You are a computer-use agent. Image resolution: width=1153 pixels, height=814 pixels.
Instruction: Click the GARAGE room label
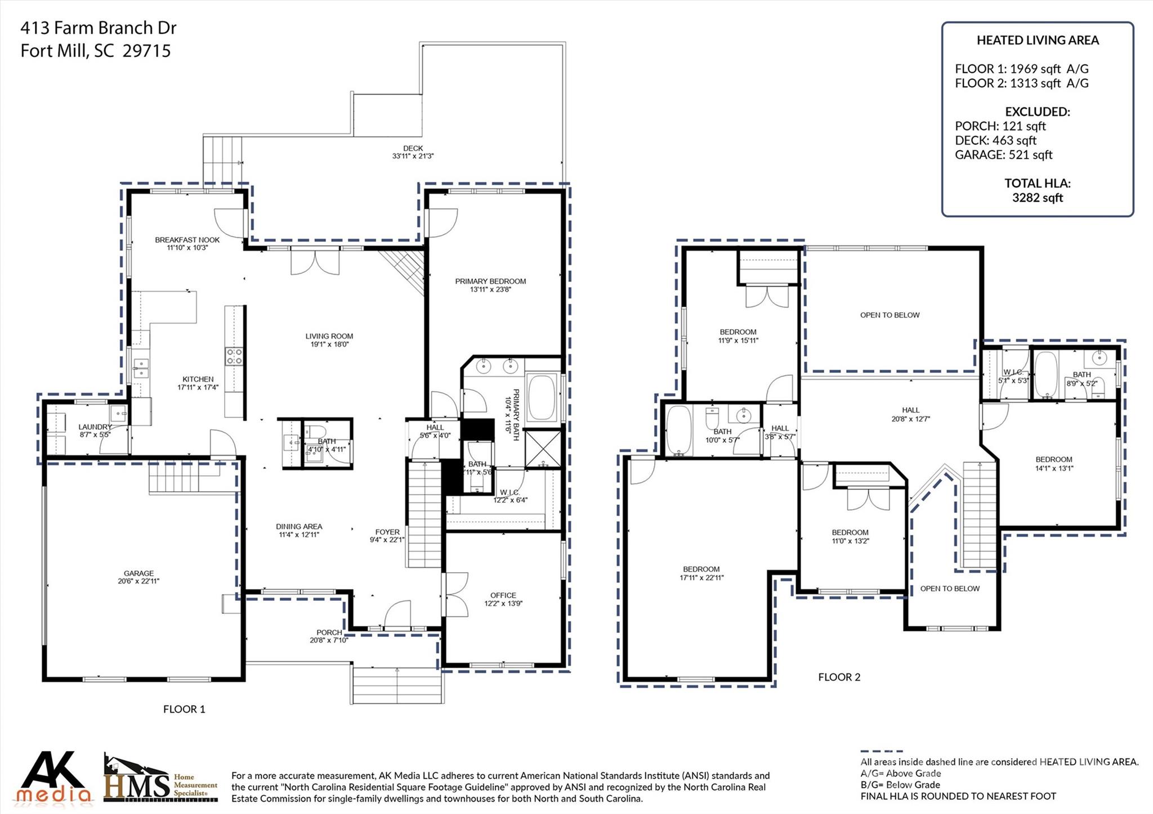[138, 573]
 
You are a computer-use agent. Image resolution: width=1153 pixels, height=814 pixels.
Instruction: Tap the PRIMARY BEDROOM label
[490, 281]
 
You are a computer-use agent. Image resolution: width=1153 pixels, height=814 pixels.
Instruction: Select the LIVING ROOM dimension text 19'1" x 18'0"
[329, 344]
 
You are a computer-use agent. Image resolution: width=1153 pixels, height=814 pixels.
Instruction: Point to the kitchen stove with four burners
[234, 356]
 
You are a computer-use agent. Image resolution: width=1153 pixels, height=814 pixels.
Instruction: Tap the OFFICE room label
[503, 595]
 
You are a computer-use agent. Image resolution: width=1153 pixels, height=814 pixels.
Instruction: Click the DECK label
[413, 149]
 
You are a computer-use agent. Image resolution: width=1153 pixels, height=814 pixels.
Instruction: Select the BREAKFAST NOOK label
[187, 240]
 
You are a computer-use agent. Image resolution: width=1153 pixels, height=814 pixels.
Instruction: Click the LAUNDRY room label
[95, 427]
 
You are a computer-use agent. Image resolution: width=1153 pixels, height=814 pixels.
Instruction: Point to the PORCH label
[329, 632]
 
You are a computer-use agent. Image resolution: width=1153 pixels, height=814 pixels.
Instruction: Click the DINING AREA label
[299, 527]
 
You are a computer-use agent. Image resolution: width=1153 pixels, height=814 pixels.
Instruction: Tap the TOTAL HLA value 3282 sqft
[1037, 197]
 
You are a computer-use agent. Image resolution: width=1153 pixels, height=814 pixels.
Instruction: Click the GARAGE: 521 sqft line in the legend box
[1003, 155]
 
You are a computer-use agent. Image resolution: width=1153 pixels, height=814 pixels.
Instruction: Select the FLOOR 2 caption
[839, 677]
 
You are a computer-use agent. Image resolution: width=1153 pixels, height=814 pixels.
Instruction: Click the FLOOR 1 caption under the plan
[184, 709]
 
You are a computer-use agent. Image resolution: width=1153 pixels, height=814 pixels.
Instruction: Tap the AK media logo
[53, 778]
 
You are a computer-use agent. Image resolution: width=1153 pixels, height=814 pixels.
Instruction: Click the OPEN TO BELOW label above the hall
[890, 315]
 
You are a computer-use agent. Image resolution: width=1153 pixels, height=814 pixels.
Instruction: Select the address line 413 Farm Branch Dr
[99, 28]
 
